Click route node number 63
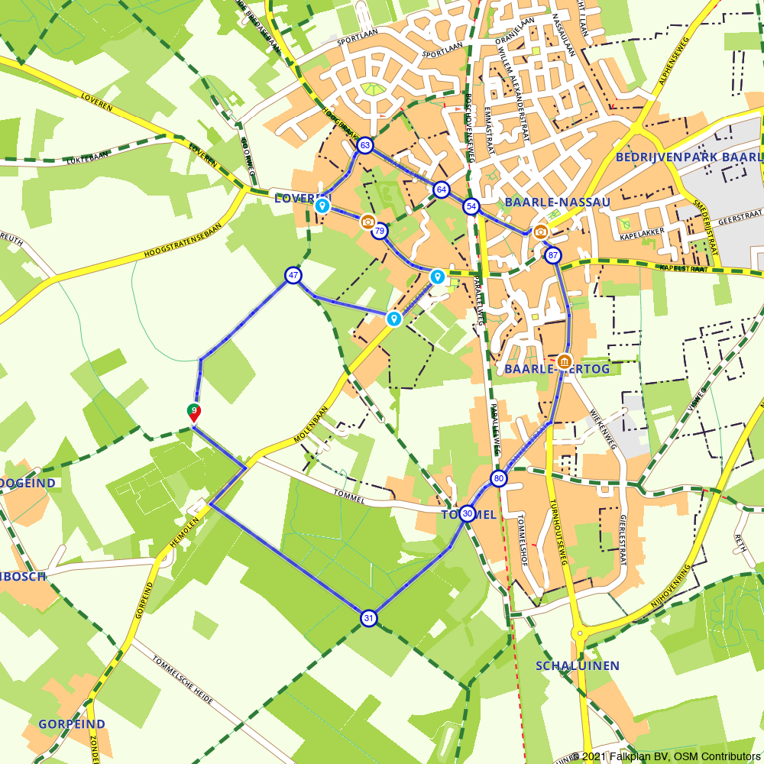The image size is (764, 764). [364, 145]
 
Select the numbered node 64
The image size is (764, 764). [441, 189]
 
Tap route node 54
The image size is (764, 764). [471, 207]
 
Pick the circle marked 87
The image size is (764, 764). [554, 256]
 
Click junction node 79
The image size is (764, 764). [380, 231]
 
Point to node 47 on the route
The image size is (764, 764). [293, 276]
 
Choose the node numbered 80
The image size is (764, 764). [499, 479]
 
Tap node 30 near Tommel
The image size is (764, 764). [468, 513]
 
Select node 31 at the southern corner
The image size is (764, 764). [369, 618]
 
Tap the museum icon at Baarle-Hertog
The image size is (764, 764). [565, 361]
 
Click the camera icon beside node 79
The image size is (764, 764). [368, 222]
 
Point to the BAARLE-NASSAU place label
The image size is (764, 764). [558, 202]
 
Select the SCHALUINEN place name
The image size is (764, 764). [578, 665]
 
